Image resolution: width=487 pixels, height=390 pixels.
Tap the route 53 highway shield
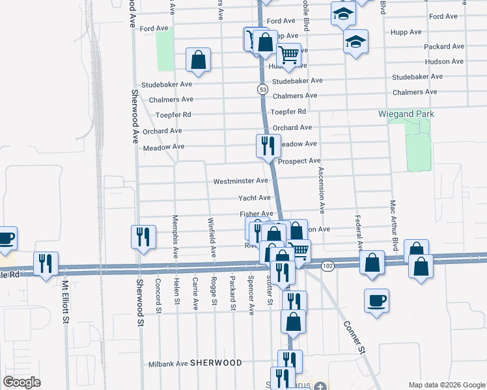click(x=262, y=88)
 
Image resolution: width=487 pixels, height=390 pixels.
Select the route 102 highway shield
click(x=327, y=266)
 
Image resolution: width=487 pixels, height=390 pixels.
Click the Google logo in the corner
click(x=22, y=382)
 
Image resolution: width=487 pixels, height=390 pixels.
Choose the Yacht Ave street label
click(x=254, y=198)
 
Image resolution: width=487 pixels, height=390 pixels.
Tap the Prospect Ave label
click(x=299, y=161)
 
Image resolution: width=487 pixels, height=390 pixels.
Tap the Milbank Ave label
click(x=168, y=364)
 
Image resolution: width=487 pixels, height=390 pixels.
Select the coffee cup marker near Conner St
click(x=376, y=301)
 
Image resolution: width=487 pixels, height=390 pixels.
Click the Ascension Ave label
click(x=322, y=190)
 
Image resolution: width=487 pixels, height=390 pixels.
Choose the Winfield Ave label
click(x=212, y=235)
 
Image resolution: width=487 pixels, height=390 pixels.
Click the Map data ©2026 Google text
click(x=446, y=384)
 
